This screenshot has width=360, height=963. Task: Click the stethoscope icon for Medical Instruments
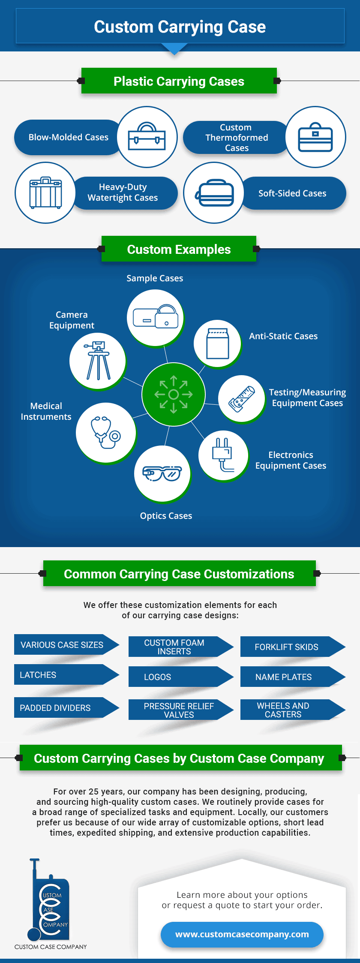click(105, 432)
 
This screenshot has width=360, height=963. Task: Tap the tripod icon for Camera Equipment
click(98, 361)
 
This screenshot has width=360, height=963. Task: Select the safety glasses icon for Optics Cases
click(162, 473)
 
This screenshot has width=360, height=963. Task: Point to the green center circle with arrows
click(174, 394)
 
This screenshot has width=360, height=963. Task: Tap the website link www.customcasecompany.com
click(242, 934)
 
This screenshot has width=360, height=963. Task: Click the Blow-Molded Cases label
click(68, 137)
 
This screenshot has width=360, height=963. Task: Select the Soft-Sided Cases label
click(292, 193)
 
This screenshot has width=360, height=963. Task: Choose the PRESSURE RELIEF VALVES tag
click(179, 710)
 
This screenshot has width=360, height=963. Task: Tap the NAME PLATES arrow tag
click(284, 677)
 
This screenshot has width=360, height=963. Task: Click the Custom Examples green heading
click(179, 249)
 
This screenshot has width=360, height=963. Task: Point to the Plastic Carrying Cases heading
click(179, 81)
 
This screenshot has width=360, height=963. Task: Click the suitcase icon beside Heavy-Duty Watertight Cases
click(45, 193)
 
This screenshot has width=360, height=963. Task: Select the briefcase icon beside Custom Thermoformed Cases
click(315, 137)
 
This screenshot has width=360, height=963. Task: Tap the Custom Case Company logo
click(50, 905)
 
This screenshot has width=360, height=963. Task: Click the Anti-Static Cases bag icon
click(218, 343)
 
